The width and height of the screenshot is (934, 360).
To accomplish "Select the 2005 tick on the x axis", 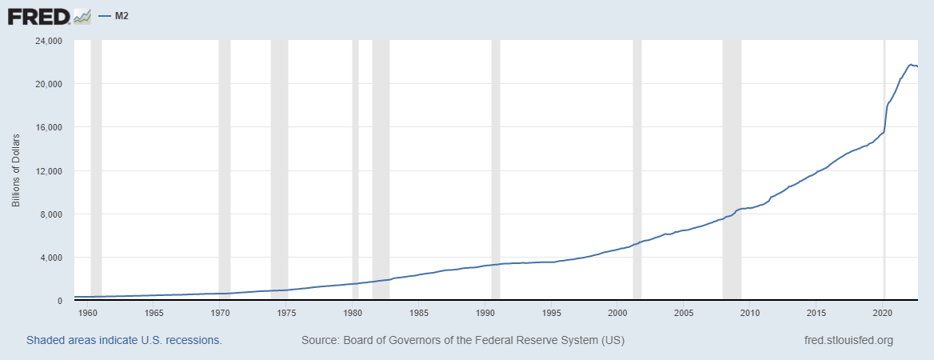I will tap(684, 312).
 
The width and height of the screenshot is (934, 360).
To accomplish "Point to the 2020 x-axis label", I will tap(883, 312).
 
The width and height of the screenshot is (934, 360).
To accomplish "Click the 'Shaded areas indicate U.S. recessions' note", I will tap(124, 340).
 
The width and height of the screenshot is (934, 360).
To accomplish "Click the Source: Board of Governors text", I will tap(462, 340).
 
